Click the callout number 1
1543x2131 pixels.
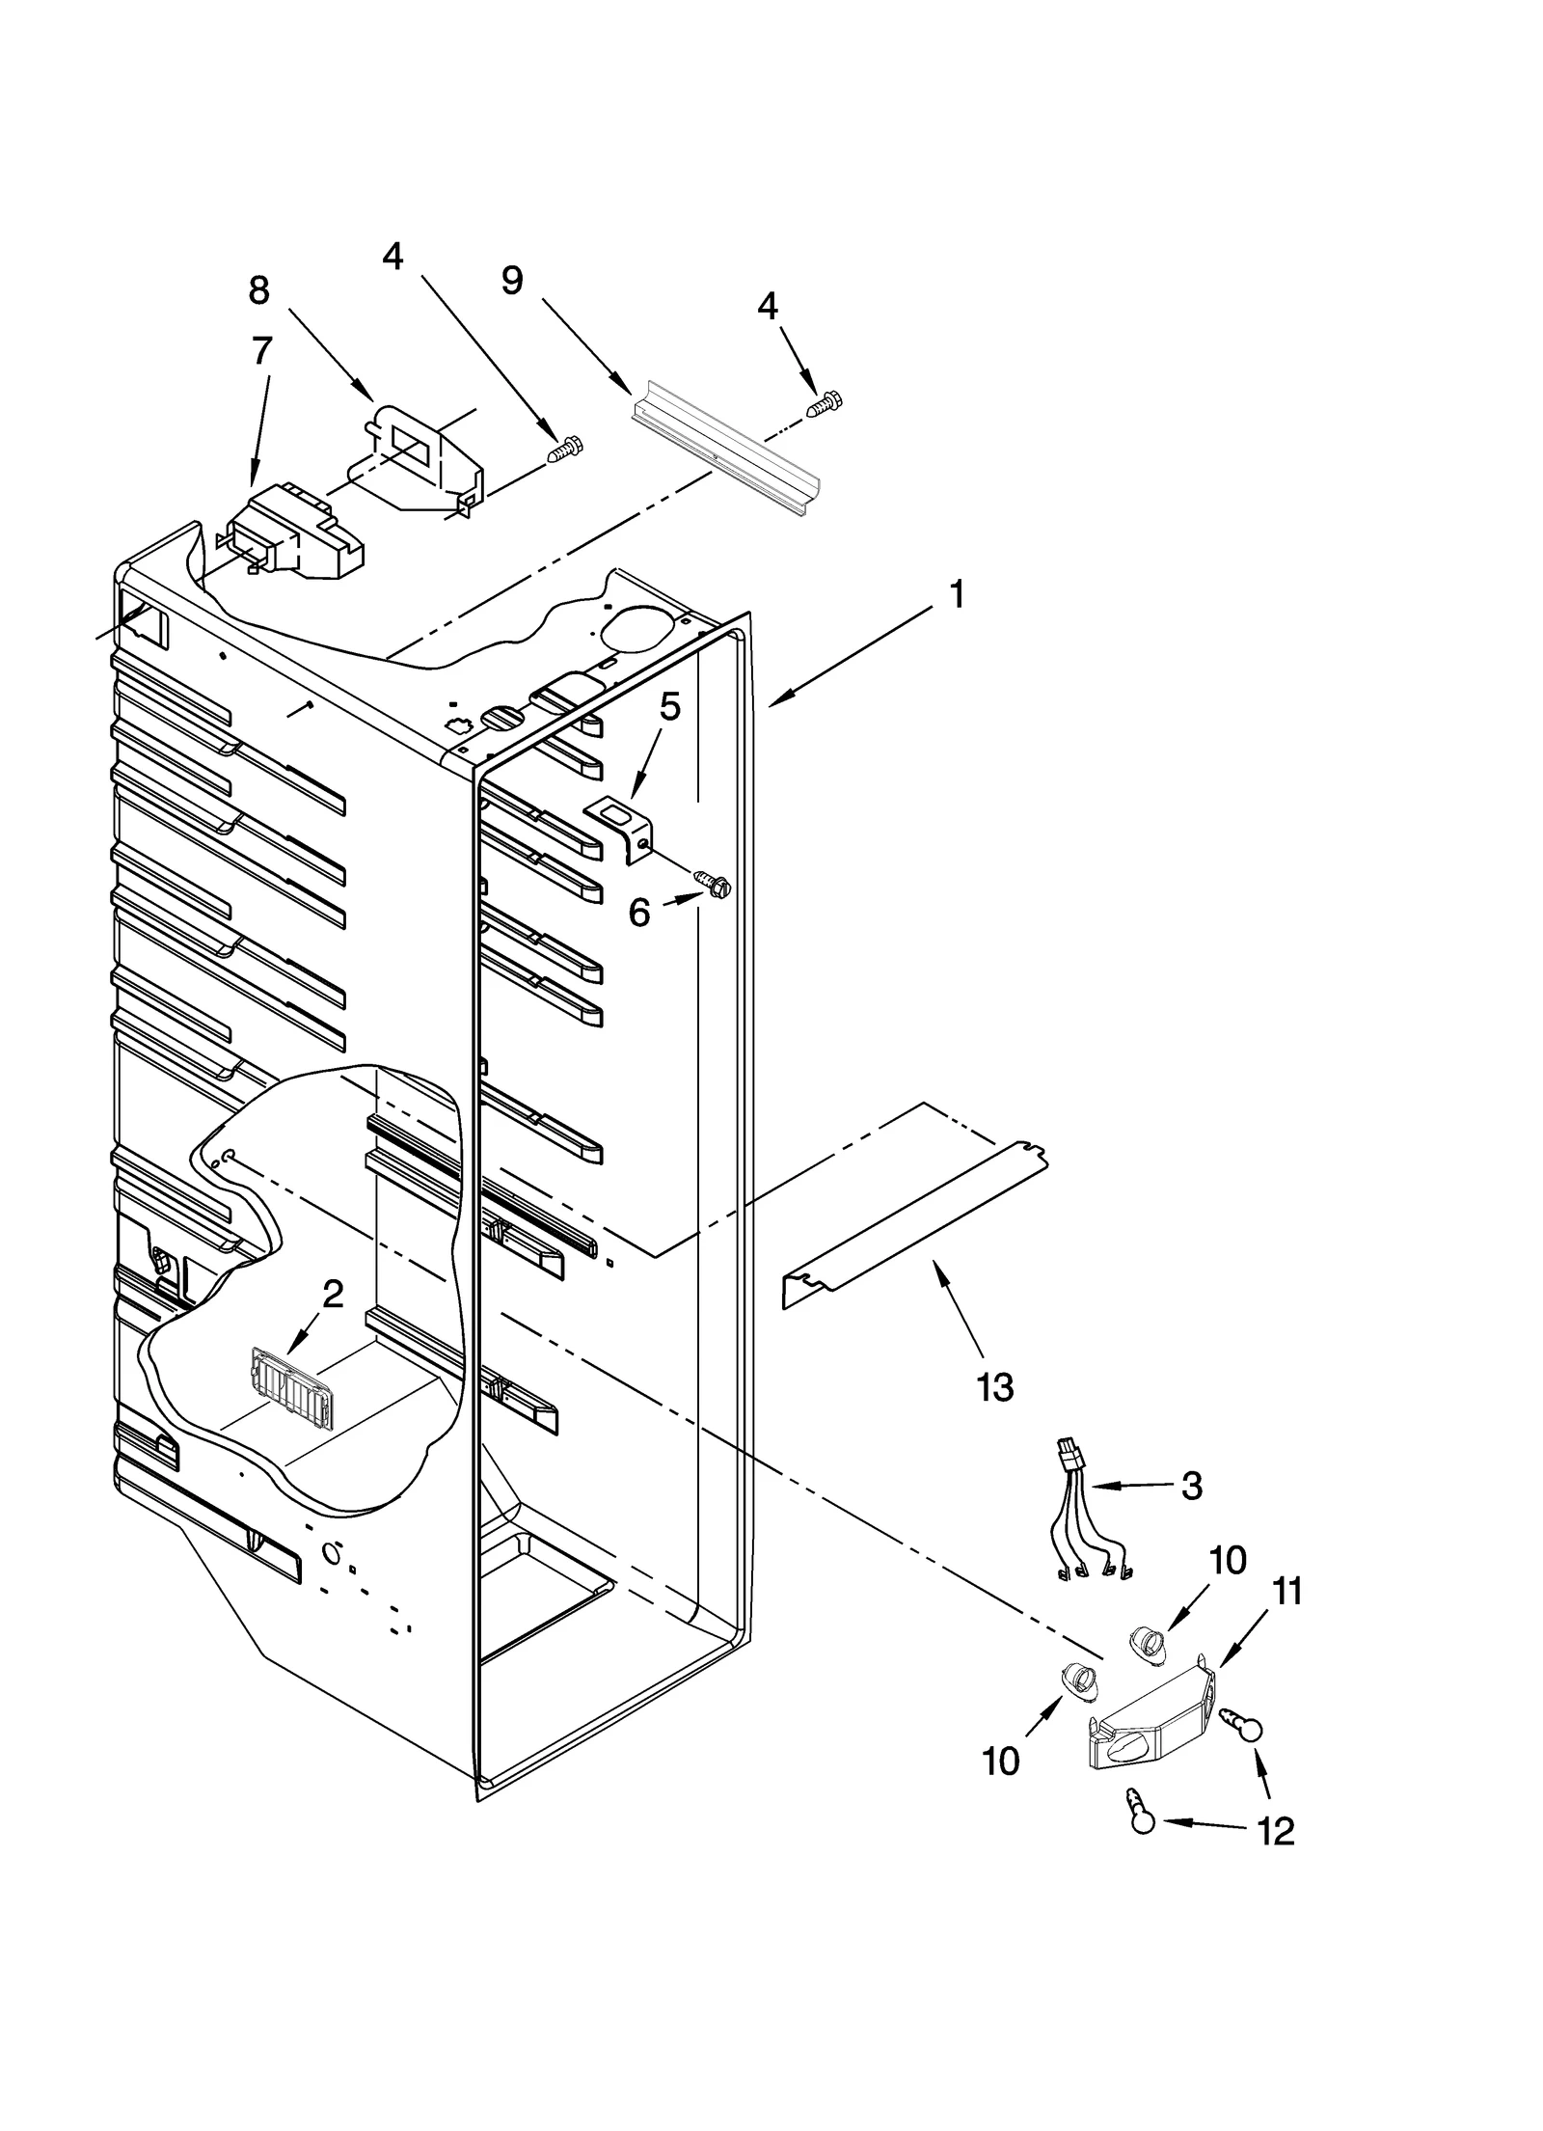[x=956, y=595]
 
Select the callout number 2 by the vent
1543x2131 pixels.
[x=332, y=1295]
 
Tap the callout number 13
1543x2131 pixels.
[x=994, y=1387]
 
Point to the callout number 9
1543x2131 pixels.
[x=513, y=281]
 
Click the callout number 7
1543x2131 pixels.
[x=261, y=351]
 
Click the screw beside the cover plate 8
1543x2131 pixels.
[x=564, y=451]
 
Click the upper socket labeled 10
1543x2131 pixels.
[x=1146, y=1641]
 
